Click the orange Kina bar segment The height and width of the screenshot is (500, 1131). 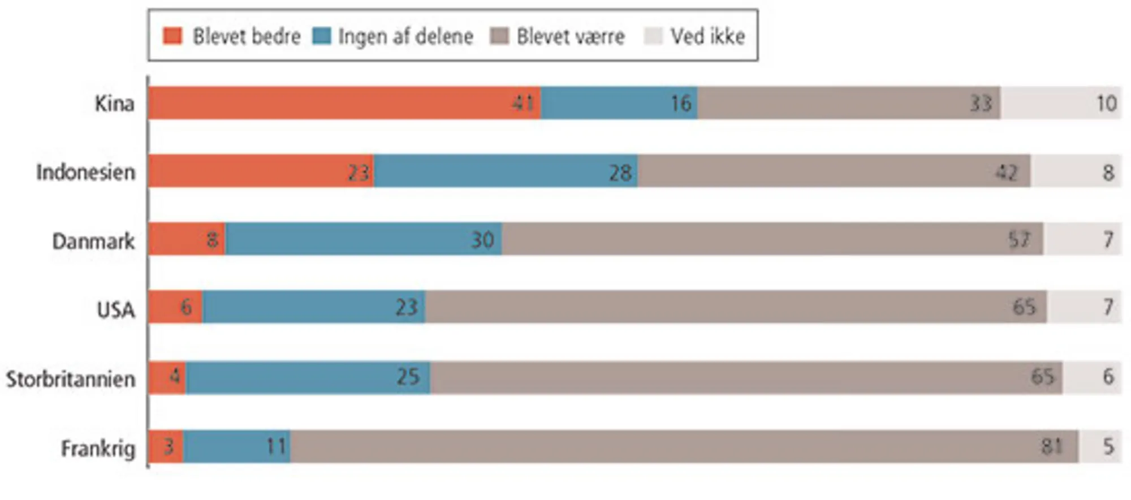339,103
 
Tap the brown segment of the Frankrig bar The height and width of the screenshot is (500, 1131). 679,446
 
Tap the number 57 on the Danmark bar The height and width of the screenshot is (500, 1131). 1019,239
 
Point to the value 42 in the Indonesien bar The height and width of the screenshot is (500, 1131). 1006,172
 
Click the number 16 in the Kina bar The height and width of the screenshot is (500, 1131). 681,103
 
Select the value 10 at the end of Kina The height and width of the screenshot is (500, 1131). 1106,103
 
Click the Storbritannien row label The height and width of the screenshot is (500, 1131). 71,378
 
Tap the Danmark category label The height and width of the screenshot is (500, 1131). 93,241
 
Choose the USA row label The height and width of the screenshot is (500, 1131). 116,309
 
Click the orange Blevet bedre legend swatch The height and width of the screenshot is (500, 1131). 172,36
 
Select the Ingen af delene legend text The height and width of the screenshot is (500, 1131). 405,36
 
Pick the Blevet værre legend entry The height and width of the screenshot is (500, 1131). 570,36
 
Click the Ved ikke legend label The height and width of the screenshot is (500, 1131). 707,36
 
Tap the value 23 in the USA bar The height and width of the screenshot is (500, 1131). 406,307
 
